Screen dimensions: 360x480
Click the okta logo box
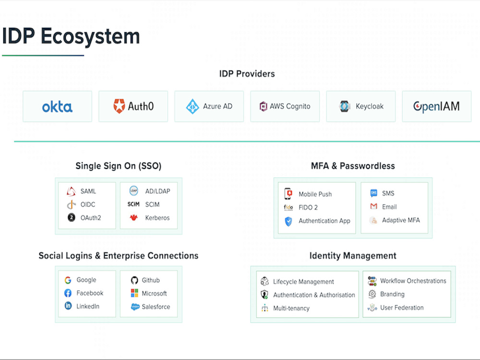tap(57, 107)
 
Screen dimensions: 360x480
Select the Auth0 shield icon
tap(119, 106)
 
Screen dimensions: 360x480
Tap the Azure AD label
tap(217, 107)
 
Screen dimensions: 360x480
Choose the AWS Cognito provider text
tap(290, 107)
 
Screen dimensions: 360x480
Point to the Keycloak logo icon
tap(345, 107)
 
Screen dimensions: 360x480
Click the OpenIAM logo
tap(436, 107)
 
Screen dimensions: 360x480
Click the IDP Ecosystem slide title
tap(71, 37)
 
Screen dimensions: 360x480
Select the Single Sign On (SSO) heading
tap(118, 166)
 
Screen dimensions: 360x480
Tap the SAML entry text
tap(88, 192)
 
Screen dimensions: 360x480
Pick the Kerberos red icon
tap(134, 218)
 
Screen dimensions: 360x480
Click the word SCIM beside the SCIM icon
tap(152, 204)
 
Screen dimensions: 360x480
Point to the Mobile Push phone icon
tap(288, 194)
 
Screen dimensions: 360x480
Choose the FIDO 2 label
tap(308, 208)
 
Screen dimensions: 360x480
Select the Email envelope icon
tap(373, 207)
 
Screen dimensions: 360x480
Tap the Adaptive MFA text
tap(401, 220)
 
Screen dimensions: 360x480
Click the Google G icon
tap(68, 280)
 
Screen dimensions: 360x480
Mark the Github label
tap(151, 280)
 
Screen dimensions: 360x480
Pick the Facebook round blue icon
tap(68, 293)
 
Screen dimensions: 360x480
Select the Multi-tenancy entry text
tap(291, 308)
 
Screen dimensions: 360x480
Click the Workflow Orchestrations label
tap(413, 281)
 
